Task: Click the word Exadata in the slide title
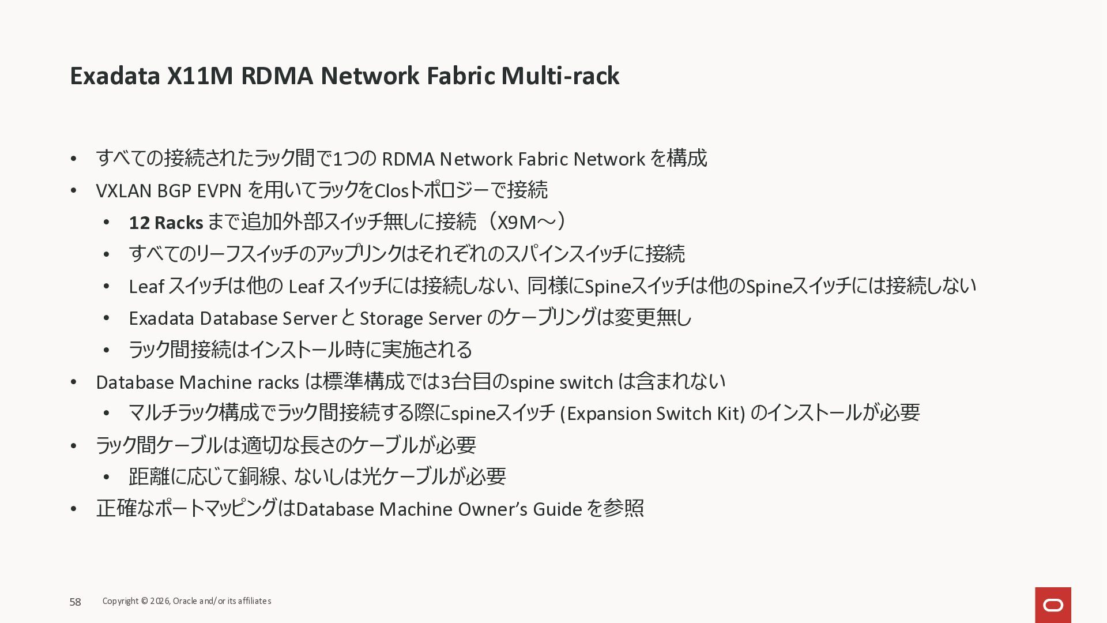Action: (115, 76)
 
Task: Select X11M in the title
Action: (199, 76)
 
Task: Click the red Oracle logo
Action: (1053, 605)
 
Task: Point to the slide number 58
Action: (76, 602)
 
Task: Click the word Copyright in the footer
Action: (121, 601)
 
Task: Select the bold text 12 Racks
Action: (165, 223)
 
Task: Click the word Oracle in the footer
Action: (184, 601)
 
